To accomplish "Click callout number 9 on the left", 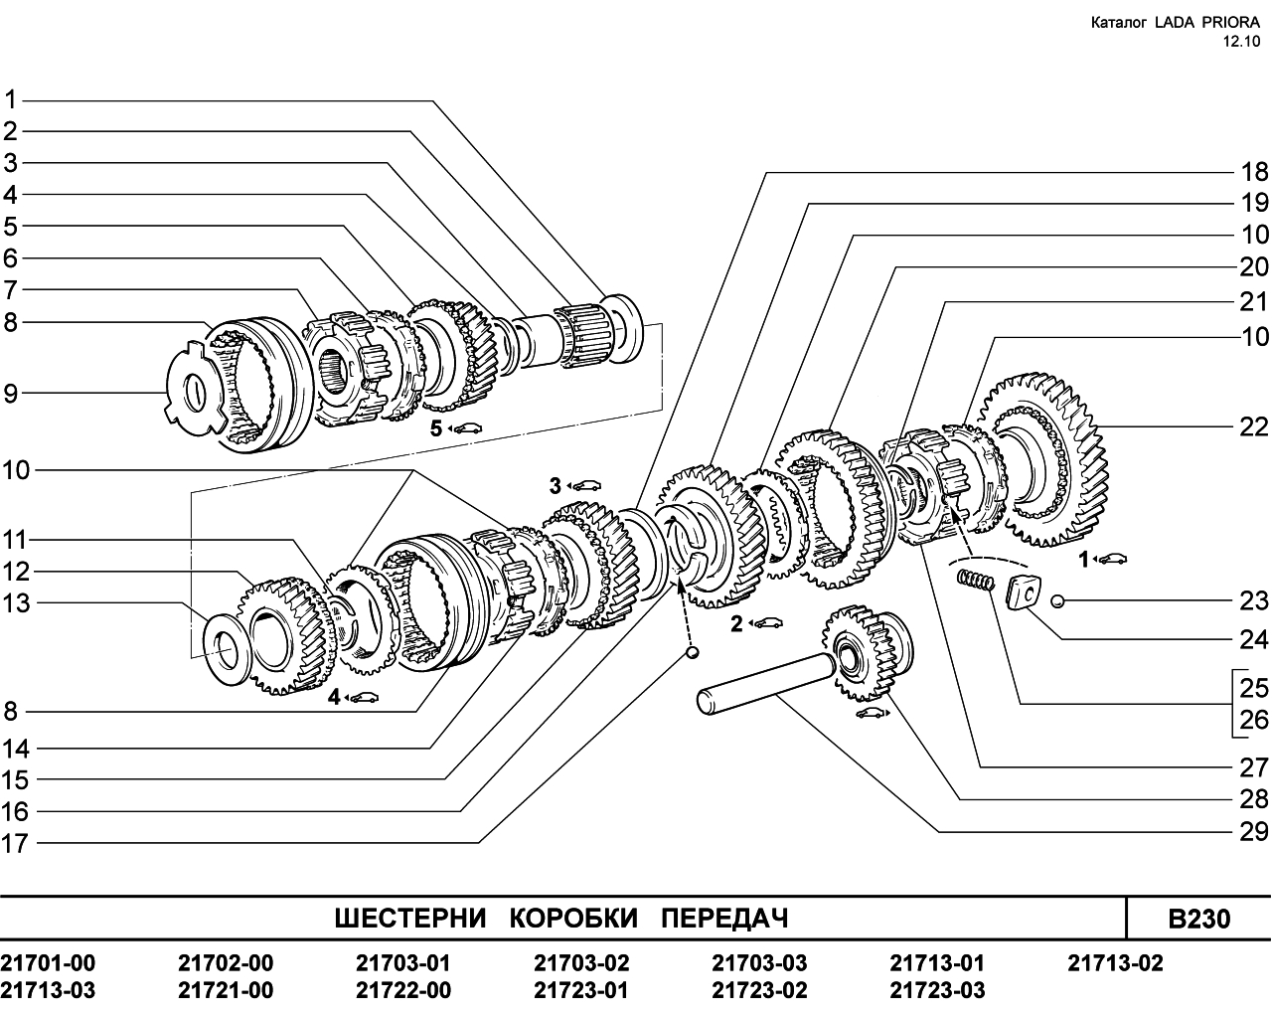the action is click(11, 394).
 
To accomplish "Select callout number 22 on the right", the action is click(1254, 427).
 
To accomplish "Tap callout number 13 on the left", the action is click(16, 603).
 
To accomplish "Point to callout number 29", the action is click(1254, 832).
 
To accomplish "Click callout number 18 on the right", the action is click(1254, 172).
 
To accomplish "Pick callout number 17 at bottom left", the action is click(15, 844).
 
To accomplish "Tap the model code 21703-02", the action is click(581, 963).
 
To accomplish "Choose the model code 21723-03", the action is click(937, 991).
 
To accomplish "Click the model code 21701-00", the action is click(48, 963).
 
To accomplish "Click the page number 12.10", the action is click(1239, 42).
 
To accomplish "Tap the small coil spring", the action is click(975, 580).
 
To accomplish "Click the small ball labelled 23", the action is click(1057, 601).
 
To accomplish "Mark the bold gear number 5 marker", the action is click(436, 428).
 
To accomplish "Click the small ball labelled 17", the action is click(693, 652).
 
